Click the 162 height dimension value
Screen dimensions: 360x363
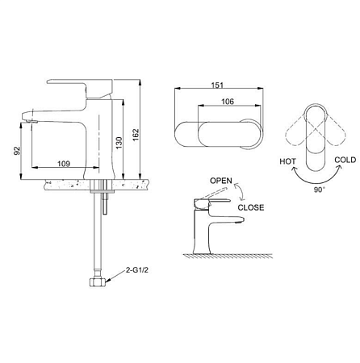click(136, 135)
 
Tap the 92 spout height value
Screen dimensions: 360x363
click(17, 151)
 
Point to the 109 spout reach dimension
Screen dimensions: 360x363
click(64, 164)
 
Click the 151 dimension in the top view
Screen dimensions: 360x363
click(217, 86)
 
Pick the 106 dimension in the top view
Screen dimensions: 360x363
click(228, 102)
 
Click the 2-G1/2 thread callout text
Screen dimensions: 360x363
click(137, 270)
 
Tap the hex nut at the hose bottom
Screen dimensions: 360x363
click(98, 282)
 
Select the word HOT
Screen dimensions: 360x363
click(287, 161)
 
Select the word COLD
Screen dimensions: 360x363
click(345, 160)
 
